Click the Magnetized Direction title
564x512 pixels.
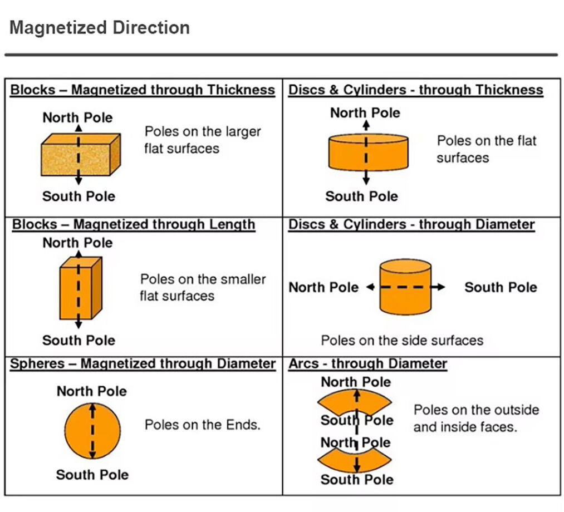(100, 28)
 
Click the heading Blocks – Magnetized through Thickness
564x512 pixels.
(143, 90)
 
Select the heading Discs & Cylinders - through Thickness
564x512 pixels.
(415, 90)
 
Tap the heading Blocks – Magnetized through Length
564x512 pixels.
(134, 224)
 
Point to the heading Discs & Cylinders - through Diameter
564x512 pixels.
(411, 224)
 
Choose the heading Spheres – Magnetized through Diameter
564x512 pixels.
(143, 363)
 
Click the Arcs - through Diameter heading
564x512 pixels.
(367, 363)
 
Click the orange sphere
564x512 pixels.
(92, 431)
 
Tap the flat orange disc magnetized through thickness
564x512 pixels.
(369, 152)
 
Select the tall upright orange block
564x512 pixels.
(81, 288)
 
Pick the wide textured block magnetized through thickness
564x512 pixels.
(81, 155)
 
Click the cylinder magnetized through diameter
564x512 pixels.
(405, 287)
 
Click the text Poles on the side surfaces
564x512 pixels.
(402, 341)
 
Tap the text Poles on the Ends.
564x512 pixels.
(203, 425)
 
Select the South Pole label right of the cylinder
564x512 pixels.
(501, 287)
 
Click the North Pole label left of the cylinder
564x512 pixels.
(323, 287)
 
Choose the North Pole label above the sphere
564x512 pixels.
(92, 391)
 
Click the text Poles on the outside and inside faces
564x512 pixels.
(476, 419)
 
